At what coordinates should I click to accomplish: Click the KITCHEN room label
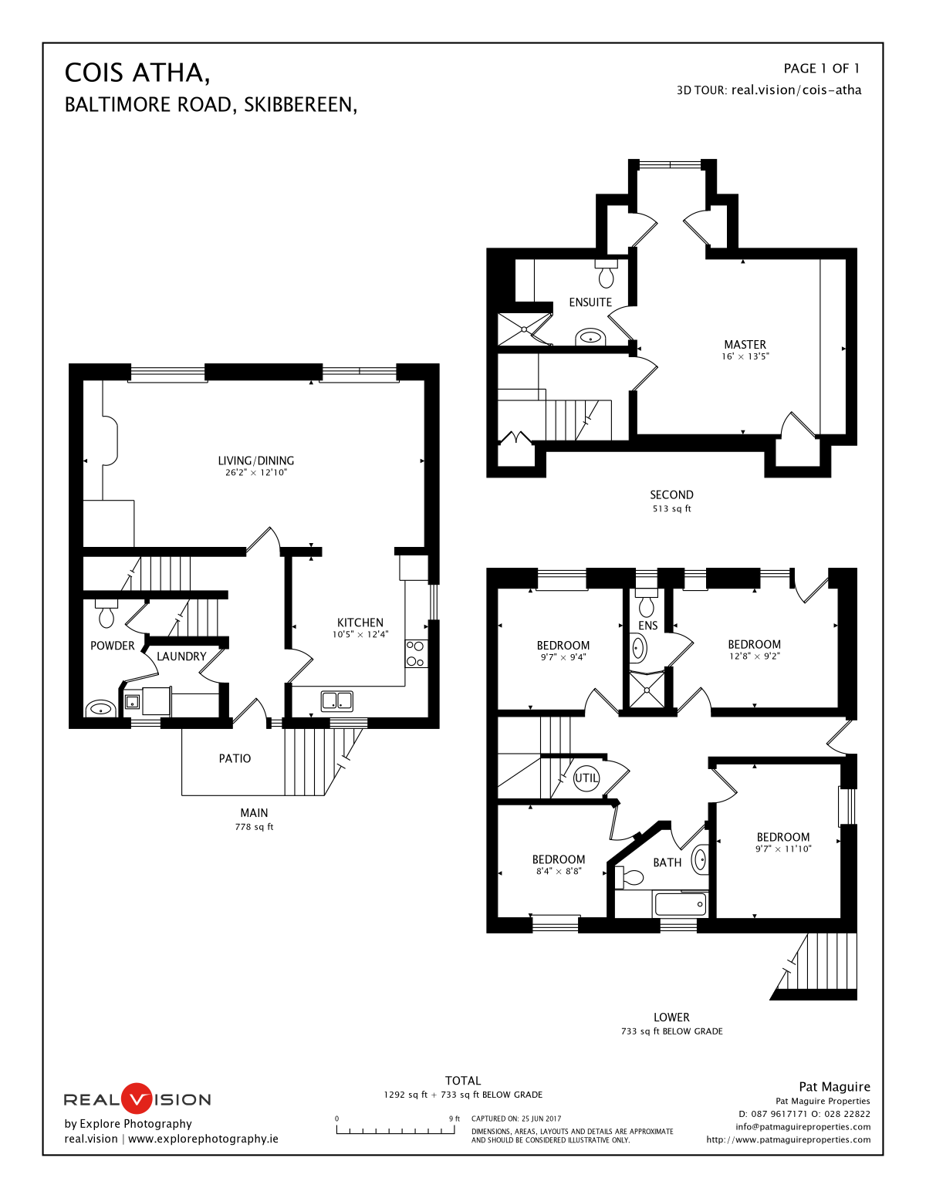tap(360, 623)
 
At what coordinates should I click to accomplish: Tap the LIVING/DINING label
tap(256, 461)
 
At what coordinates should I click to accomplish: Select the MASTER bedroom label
tap(745, 345)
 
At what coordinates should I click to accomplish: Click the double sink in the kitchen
tap(337, 700)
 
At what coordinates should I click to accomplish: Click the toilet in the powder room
tap(106, 613)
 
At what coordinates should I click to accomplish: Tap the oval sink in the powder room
tap(100, 708)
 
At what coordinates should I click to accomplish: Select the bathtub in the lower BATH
tap(680, 904)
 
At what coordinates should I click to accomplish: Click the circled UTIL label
tap(586, 778)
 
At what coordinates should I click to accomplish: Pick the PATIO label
tap(235, 758)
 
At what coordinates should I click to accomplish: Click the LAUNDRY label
tap(181, 656)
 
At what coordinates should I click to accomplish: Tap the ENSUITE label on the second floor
tap(590, 302)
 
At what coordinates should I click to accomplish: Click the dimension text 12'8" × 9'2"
tap(754, 656)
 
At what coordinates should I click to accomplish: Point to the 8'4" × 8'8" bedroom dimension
tap(559, 872)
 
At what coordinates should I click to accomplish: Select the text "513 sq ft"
tap(672, 509)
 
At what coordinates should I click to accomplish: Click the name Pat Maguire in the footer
tap(834, 1087)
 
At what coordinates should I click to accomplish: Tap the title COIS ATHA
tap(137, 73)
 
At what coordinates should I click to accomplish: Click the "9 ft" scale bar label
tap(454, 1119)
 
